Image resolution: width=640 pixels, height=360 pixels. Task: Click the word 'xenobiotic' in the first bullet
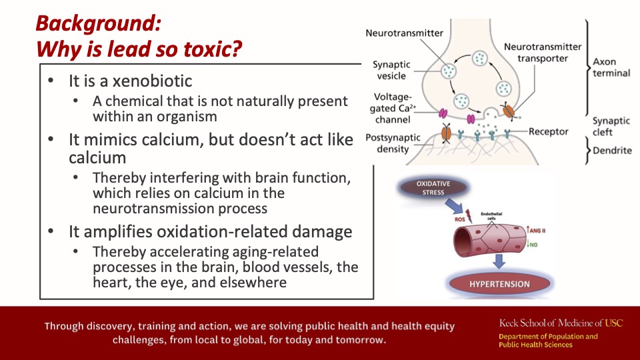152,81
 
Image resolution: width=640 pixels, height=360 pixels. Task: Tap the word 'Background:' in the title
99,23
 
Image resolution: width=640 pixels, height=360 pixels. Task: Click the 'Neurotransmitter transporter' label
543,53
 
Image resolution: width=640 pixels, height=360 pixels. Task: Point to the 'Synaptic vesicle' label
391,70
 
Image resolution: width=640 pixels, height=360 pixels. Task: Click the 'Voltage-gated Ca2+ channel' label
393,108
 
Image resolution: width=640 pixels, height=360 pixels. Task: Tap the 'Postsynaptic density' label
393,143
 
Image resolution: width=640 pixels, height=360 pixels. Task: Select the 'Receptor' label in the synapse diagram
548,131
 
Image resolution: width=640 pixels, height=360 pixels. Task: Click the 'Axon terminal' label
611,67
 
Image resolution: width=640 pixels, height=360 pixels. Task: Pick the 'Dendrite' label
612,151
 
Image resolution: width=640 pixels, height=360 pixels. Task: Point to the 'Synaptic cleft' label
611,127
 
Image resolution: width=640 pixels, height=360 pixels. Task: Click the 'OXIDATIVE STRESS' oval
433,188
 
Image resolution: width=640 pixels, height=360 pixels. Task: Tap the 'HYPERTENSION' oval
499,284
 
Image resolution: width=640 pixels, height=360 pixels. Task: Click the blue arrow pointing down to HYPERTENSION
499,261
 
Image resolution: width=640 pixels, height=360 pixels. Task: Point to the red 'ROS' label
459,219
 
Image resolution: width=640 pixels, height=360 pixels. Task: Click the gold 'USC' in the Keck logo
614,323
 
